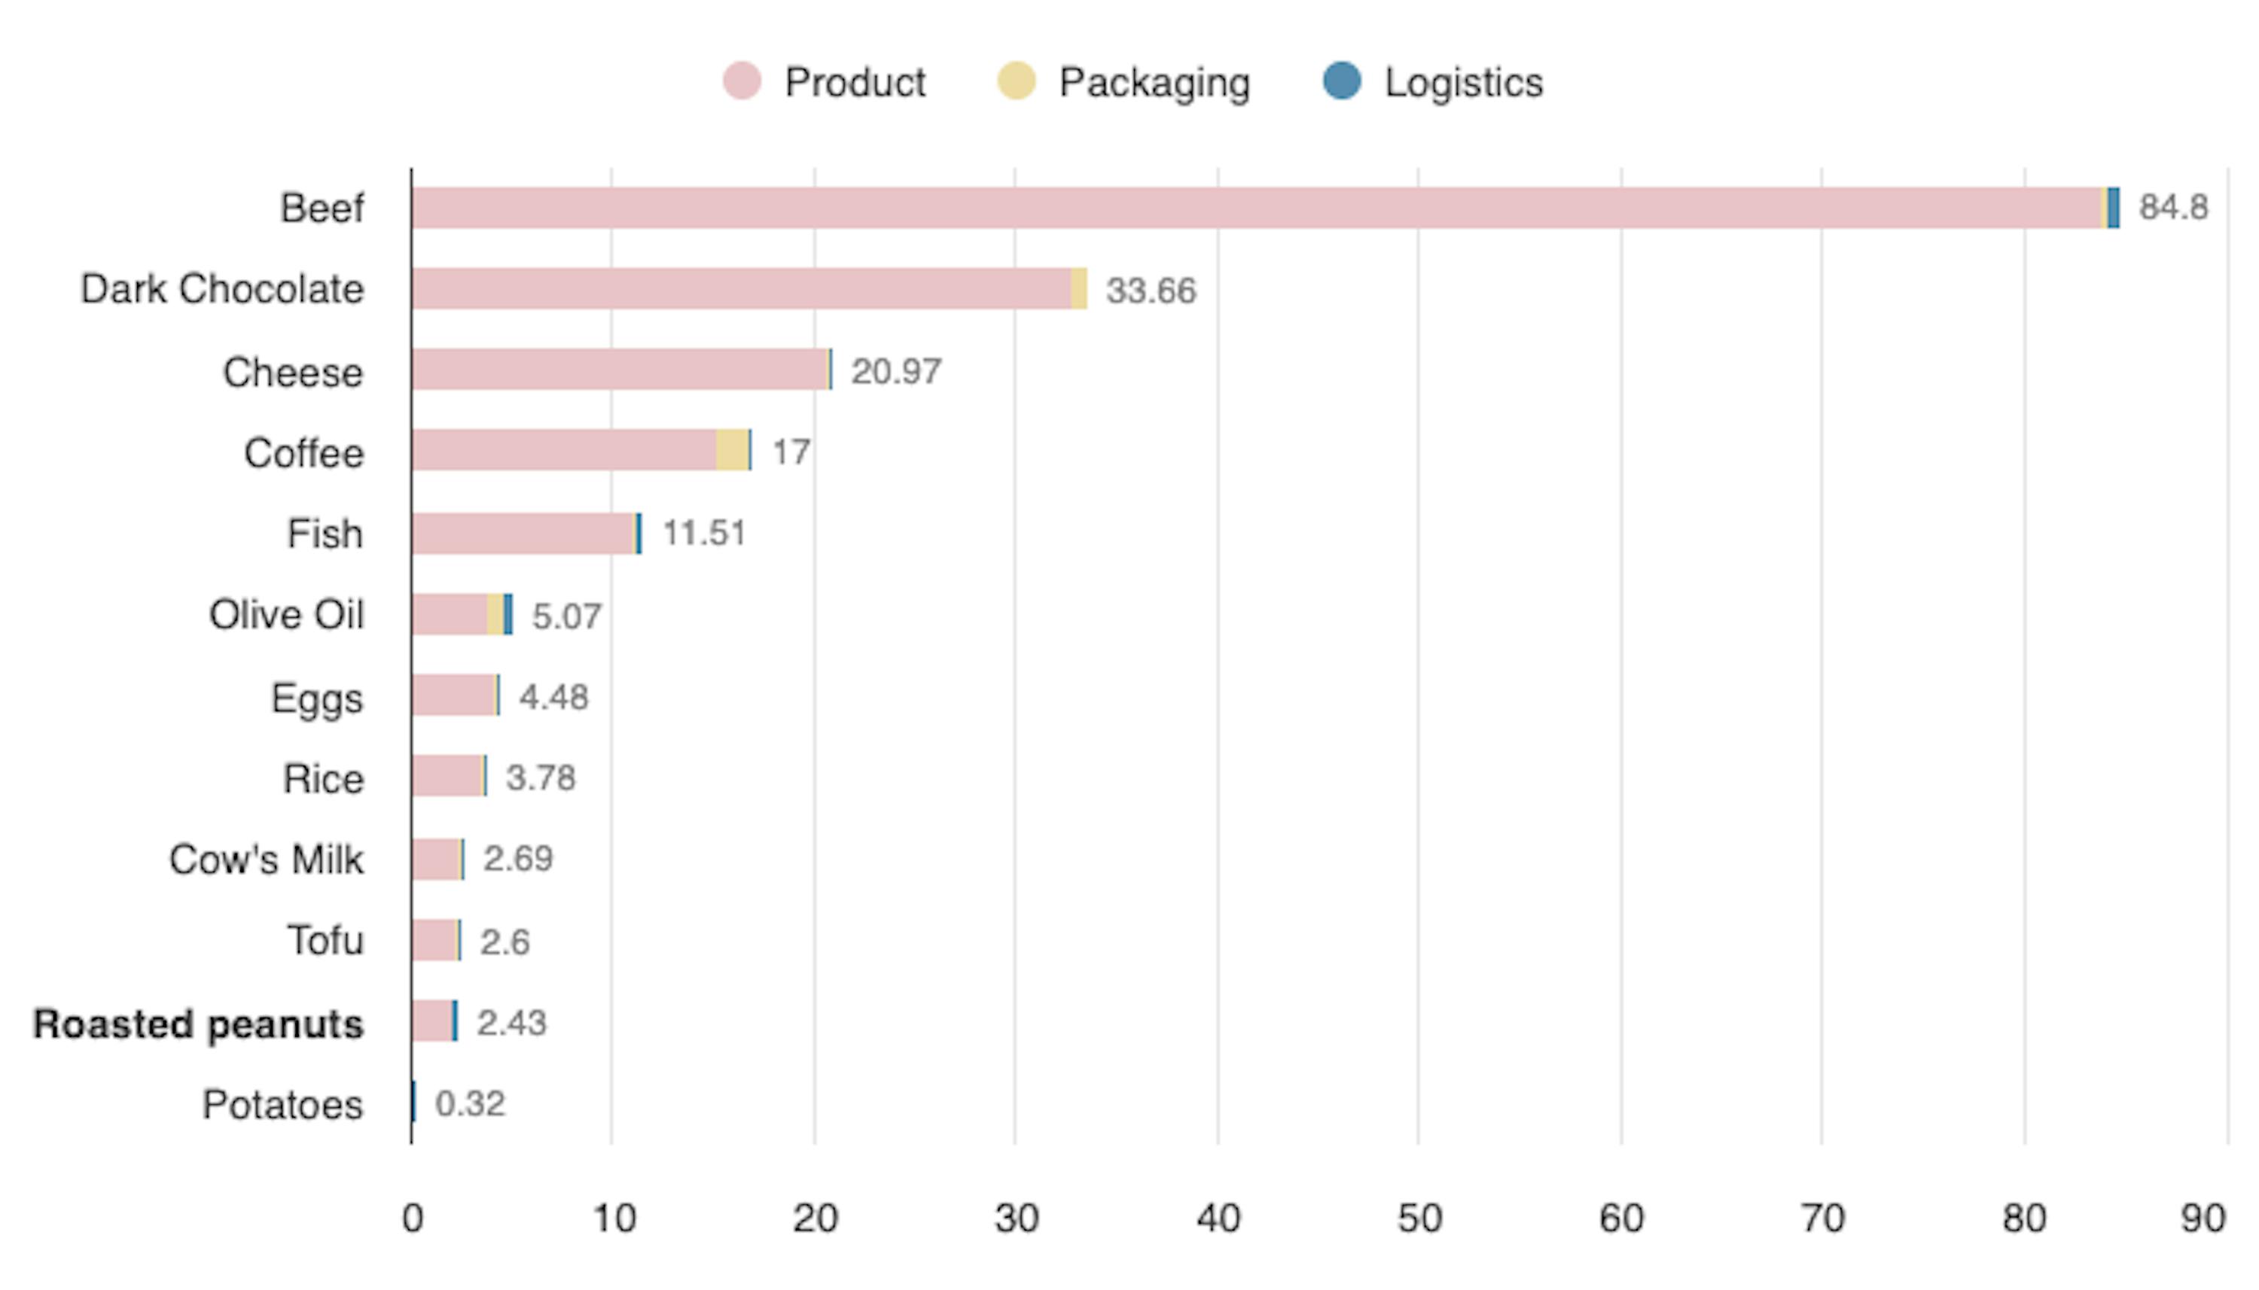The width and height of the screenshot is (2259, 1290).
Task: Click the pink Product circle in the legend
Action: pyautogui.click(x=741, y=81)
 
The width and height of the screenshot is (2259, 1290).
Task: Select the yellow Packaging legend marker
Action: pyautogui.click(x=1016, y=81)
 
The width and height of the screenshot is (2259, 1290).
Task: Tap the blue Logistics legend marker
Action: pyautogui.click(x=1341, y=81)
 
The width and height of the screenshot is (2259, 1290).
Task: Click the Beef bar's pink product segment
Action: pyautogui.click(x=1241, y=208)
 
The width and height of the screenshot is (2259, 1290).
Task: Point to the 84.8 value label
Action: pyautogui.click(x=2173, y=207)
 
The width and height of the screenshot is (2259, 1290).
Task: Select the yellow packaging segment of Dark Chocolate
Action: pyautogui.click(x=1078, y=289)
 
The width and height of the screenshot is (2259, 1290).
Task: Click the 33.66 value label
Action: pyautogui.click(x=1151, y=291)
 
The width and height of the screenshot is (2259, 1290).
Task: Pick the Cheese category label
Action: pyautogui.click(x=292, y=372)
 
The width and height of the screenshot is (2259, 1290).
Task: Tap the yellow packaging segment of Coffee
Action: pyautogui.click(x=731, y=450)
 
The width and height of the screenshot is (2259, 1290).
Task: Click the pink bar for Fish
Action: pyautogui.click(x=523, y=534)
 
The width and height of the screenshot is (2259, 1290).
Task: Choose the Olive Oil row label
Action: pyautogui.click(x=285, y=615)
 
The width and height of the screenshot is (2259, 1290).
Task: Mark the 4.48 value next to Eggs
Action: pyautogui.click(x=553, y=697)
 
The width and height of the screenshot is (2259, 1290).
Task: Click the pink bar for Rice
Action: pyautogui.click(x=447, y=776)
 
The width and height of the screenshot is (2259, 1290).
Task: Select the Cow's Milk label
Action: pyautogui.click(x=266, y=859)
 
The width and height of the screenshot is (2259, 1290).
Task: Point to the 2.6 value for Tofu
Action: pyautogui.click(x=505, y=942)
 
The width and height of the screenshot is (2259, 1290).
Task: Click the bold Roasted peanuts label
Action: pyautogui.click(x=197, y=1024)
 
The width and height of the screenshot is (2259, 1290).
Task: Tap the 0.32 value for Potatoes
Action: pyautogui.click(x=470, y=1104)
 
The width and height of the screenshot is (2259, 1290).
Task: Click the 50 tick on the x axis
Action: pyautogui.click(x=1419, y=1219)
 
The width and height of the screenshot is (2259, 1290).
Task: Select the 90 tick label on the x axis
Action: pyautogui.click(x=2203, y=1219)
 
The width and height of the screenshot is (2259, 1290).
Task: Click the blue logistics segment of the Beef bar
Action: pyautogui.click(x=2114, y=208)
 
